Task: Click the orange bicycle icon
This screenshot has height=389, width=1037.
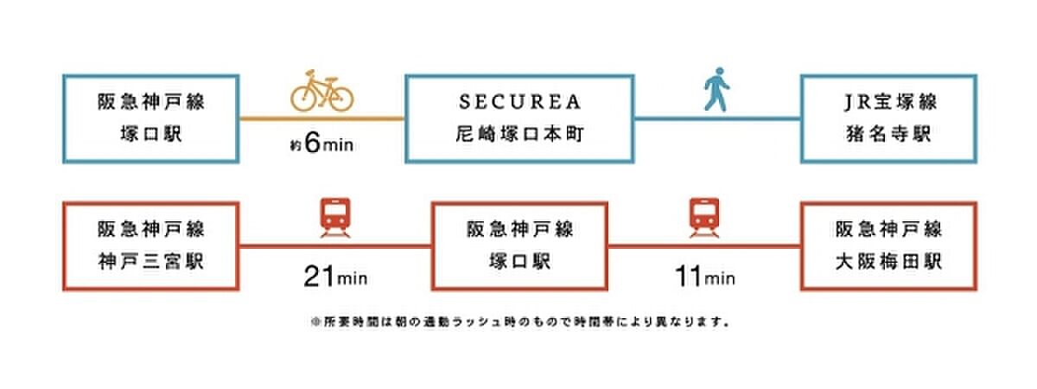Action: point(321,91)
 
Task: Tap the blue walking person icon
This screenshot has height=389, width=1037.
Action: point(716,91)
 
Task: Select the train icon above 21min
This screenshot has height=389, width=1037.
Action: point(334,218)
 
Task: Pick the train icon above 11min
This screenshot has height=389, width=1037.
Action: point(704,218)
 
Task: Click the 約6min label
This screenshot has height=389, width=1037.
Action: point(322,146)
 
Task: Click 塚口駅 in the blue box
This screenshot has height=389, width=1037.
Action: point(150,134)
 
